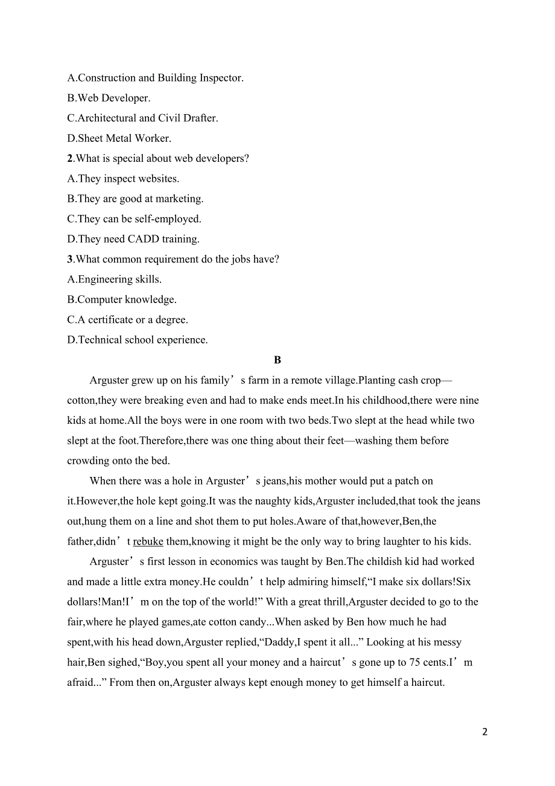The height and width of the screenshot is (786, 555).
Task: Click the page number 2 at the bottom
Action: click(x=484, y=732)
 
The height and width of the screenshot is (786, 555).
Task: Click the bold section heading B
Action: click(x=277, y=360)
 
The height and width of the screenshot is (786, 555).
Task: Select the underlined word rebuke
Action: click(x=148, y=542)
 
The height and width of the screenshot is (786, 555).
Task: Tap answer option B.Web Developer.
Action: click(x=109, y=98)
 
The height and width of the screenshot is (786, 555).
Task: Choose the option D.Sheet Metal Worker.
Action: click(x=119, y=138)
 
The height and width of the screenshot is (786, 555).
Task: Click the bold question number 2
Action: click(x=70, y=158)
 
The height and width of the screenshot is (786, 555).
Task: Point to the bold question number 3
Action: click(x=70, y=259)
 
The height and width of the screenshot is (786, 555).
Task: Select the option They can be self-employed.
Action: click(x=134, y=219)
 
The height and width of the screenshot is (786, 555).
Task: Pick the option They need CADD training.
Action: click(x=133, y=239)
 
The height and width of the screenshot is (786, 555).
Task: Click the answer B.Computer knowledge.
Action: click(x=122, y=299)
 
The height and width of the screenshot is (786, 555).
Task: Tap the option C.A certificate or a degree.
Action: click(x=127, y=319)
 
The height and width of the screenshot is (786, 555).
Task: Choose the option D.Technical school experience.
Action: click(x=138, y=340)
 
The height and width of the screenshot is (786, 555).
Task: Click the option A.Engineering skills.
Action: click(x=115, y=279)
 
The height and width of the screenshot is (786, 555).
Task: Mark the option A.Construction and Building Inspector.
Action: click(x=155, y=78)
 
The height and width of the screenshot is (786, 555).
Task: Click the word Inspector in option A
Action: click(x=220, y=78)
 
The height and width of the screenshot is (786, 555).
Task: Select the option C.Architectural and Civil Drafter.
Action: click(x=142, y=118)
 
